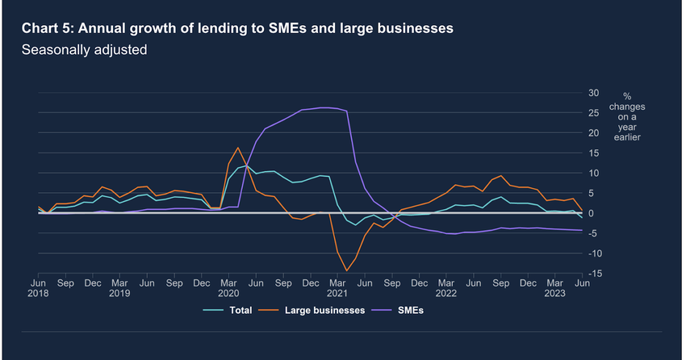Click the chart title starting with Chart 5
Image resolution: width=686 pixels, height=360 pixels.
(236, 28)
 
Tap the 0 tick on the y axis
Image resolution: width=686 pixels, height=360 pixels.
(594, 213)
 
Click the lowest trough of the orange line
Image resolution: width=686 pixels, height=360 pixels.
(347, 270)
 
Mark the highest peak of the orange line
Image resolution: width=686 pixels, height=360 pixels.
(238, 148)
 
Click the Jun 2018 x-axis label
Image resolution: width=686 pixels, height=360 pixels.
(38, 289)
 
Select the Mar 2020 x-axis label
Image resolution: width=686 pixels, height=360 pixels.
(228, 289)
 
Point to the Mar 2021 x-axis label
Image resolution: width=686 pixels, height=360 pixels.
(337, 289)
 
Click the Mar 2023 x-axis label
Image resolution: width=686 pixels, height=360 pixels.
(556, 289)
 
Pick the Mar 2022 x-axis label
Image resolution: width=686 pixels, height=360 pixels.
(447, 289)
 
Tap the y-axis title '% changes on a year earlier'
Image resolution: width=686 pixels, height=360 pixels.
(627, 117)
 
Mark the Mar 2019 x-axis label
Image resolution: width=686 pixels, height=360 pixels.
(119, 289)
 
